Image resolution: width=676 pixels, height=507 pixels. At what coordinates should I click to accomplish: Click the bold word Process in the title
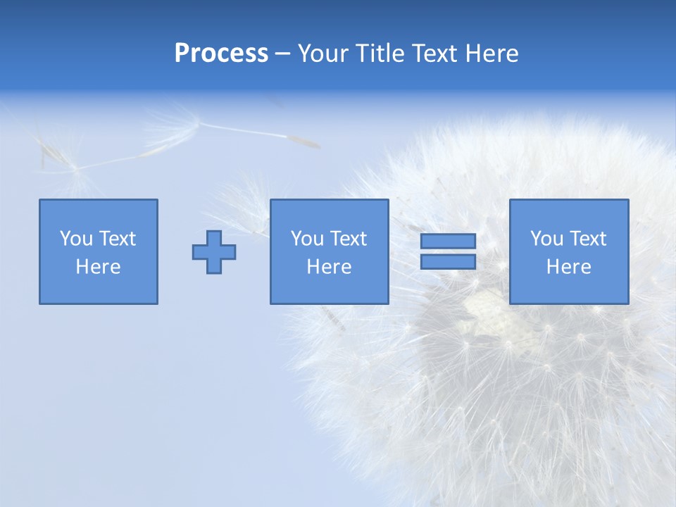pyautogui.click(x=221, y=54)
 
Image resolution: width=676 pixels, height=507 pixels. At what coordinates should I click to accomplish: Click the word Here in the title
pyautogui.click(x=492, y=54)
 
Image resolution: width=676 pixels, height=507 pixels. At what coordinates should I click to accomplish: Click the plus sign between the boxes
pyautogui.click(x=214, y=252)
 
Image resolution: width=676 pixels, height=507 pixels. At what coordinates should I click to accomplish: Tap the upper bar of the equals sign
pyautogui.click(x=448, y=242)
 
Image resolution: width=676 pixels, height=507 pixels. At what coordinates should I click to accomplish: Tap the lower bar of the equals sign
pyautogui.click(x=448, y=262)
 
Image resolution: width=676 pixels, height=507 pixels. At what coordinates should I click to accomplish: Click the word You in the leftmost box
pyautogui.click(x=76, y=239)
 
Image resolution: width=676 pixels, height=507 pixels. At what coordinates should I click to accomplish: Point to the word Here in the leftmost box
pyautogui.click(x=98, y=267)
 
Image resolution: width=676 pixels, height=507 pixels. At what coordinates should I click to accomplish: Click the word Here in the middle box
pyautogui.click(x=329, y=267)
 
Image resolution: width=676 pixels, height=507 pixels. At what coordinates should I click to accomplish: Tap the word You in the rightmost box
pyautogui.click(x=546, y=239)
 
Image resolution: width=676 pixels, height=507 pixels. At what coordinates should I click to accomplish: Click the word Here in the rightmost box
pyautogui.click(x=568, y=267)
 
